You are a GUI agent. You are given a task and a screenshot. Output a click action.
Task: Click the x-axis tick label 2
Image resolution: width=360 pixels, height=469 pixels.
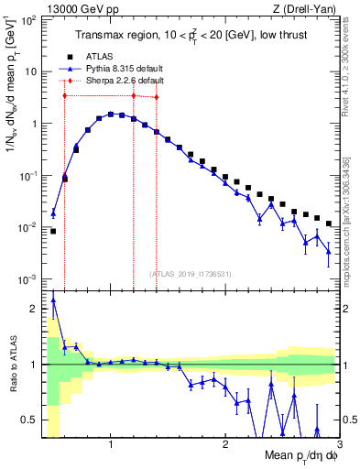(x=225, y=444)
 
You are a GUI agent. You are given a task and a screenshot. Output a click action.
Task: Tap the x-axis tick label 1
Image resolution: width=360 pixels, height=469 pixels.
(x=111, y=444)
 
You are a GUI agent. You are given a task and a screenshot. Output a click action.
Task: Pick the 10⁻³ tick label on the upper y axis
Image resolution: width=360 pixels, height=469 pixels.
(x=28, y=278)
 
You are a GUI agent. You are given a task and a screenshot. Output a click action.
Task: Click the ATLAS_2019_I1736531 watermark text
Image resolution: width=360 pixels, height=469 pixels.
(x=191, y=273)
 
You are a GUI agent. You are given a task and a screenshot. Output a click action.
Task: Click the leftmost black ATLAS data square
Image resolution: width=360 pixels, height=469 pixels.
(x=53, y=231)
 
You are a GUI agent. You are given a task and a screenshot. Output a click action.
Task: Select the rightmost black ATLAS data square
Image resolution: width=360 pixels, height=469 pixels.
(x=329, y=224)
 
